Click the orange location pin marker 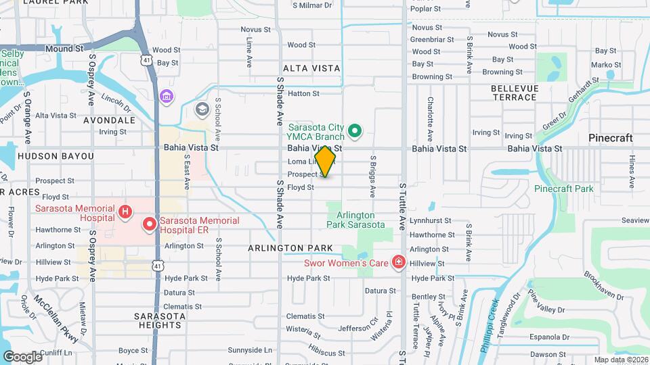tap(326, 161)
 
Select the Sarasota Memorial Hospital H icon tap(125, 212)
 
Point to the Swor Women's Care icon tap(399, 262)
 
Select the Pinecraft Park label tap(563, 189)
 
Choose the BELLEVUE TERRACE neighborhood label tap(514, 93)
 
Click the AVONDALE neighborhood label tap(109, 120)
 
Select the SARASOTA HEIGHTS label tap(157, 320)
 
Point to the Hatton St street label tap(303, 94)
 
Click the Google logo tap(22, 356)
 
